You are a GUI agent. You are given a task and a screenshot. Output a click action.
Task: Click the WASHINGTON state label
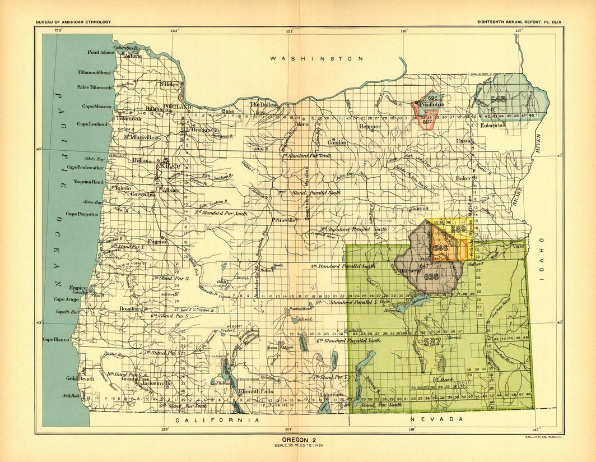pos(316,58)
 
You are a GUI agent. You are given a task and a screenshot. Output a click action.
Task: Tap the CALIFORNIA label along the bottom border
pos(217,419)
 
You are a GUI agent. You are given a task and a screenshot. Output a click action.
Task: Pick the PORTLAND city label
pos(178,106)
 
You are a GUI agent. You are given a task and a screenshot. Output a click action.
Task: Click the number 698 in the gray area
pos(431,276)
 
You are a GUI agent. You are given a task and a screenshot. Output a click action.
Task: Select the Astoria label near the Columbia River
pos(133,56)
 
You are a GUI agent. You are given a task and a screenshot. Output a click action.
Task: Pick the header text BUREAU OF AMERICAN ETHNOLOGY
pos(73,22)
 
